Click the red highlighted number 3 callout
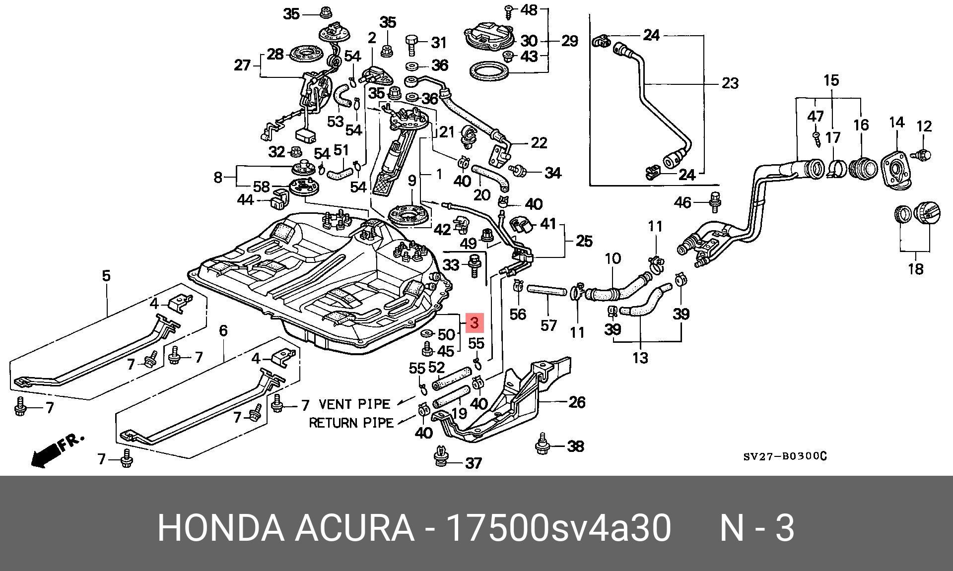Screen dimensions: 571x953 tap(474, 323)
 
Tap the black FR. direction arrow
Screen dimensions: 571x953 tap(45, 455)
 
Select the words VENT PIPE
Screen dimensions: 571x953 tap(354, 404)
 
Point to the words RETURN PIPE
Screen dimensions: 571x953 tap(351, 423)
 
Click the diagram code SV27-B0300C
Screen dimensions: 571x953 tap(785, 456)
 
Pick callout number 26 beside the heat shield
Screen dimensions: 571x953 tap(577, 402)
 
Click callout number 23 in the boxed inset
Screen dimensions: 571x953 tap(730, 83)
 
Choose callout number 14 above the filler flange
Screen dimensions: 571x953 tap(896, 122)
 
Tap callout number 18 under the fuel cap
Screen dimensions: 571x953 tap(916, 269)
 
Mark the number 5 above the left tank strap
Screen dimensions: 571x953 tap(106, 276)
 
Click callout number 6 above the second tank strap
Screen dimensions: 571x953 tap(223, 330)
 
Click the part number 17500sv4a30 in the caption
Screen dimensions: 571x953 tap(559, 528)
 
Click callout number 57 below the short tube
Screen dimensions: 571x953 tap(548, 325)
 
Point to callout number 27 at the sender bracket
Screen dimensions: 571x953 tap(242, 65)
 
